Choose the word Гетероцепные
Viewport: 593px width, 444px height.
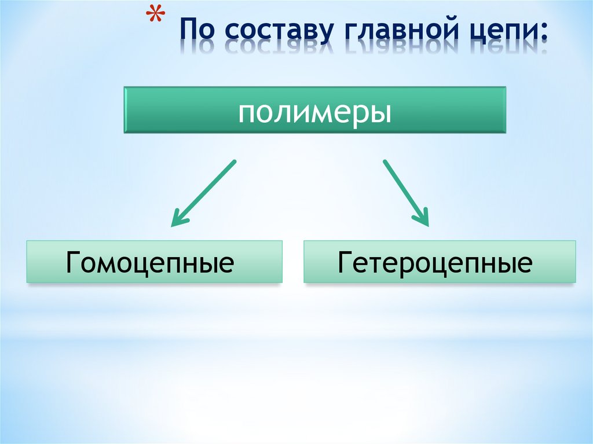click(x=435, y=262)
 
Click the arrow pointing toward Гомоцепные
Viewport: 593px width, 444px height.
click(x=203, y=193)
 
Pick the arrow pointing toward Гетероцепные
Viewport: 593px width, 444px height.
click(x=406, y=193)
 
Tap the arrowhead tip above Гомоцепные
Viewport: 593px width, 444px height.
click(x=172, y=225)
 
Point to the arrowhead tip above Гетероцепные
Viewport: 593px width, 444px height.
click(x=428, y=225)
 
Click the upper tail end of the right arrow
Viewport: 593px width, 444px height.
click(x=384, y=160)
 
